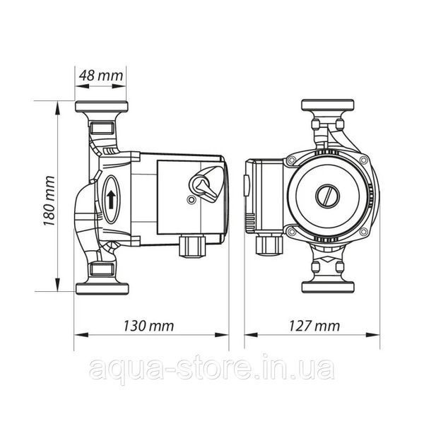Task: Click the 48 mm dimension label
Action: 101,76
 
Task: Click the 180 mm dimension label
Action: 49,201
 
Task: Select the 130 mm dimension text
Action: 148,326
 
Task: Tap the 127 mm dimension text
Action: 314,326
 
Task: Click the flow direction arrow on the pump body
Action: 111,199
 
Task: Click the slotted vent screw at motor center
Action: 327,196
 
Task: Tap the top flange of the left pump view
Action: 101,107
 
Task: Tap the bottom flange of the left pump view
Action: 102,288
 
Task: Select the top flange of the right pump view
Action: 328,105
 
